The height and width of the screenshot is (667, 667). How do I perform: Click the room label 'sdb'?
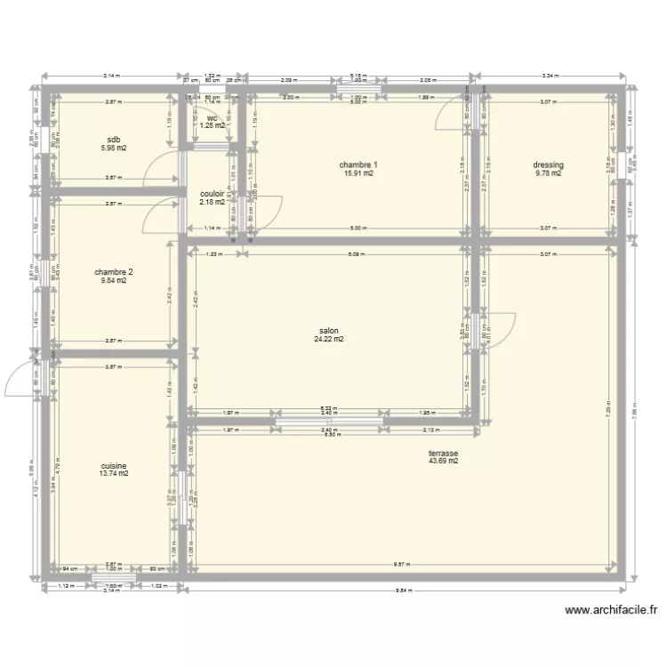click(x=113, y=140)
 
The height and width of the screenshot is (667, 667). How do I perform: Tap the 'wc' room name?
click(x=212, y=117)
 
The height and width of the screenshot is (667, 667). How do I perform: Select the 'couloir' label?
click(x=212, y=192)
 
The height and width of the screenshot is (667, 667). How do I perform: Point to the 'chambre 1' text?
click(x=358, y=165)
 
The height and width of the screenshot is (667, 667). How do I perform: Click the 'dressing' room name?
click(x=549, y=165)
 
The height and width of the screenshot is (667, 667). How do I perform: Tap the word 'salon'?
click(x=328, y=330)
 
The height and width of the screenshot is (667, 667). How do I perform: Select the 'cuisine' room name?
click(x=113, y=465)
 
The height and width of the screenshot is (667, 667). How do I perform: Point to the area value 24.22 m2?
click(x=328, y=339)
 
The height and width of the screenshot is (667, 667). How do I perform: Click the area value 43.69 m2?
click(x=443, y=461)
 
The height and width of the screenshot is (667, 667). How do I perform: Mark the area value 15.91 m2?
click(x=358, y=173)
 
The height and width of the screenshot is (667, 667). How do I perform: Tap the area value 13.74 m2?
click(x=113, y=474)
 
